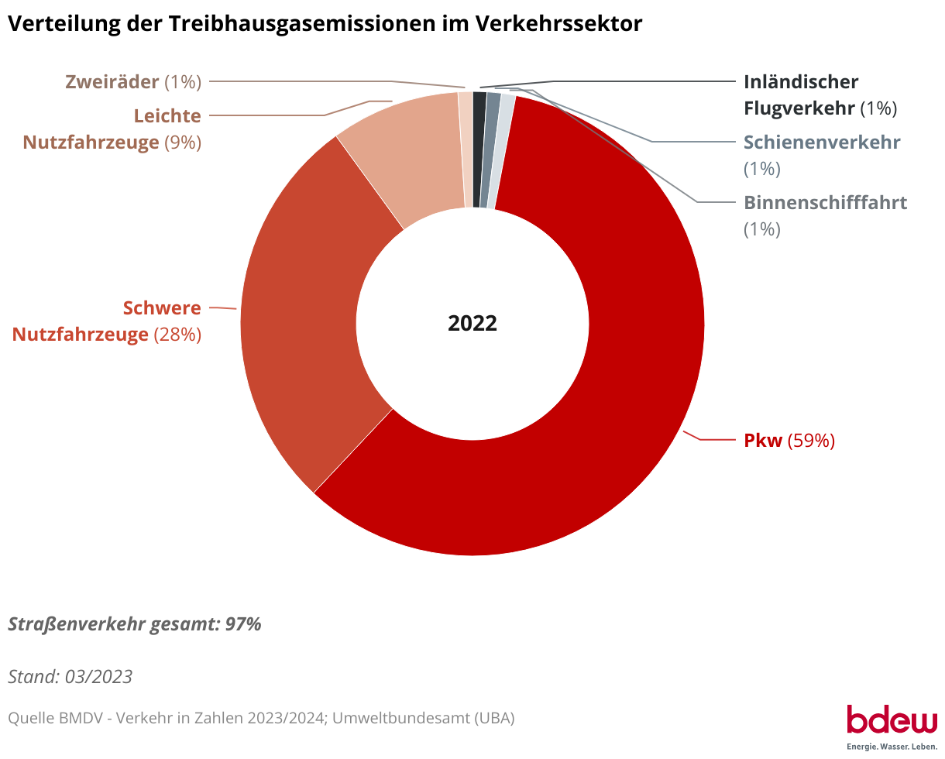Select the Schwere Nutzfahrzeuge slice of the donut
(x=302, y=310)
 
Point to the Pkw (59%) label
(x=789, y=441)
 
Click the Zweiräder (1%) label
(x=133, y=81)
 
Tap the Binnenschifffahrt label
(x=825, y=203)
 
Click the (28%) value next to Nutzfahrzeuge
(x=177, y=335)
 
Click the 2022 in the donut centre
(x=472, y=324)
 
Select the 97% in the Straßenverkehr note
(x=243, y=624)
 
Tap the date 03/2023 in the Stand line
(x=98, y=677)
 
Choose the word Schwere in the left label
(x=162, y=308)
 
